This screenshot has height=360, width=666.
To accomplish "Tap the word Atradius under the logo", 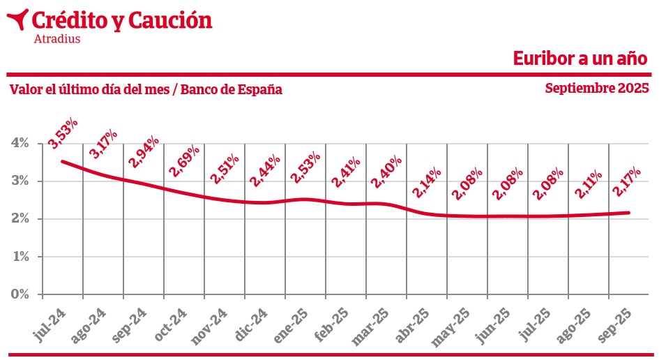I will (56, 39).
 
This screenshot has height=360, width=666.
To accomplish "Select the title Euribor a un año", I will (580, 58).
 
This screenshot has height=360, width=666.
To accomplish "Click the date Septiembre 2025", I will (597, 89).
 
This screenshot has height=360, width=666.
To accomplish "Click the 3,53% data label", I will (63, 133).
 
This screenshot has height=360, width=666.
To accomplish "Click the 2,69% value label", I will (184, 160).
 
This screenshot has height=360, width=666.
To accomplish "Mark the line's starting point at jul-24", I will (63, 161).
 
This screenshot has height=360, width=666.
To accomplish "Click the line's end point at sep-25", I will (630, 213).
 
